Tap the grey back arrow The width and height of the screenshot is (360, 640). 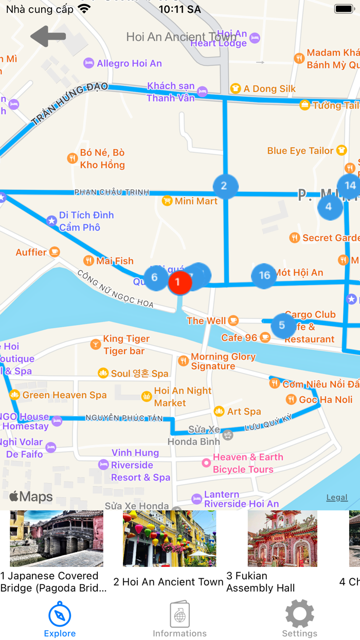click(x=48, y=37)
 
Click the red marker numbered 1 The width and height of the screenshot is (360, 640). click(x=178, y=282)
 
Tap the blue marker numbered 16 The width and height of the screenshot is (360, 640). click(x=264, y=275)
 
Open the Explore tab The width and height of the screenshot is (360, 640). click(x=60, y=620)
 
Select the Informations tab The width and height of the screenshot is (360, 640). click(x=179, y=620)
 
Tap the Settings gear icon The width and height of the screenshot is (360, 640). click(x=299, y=614)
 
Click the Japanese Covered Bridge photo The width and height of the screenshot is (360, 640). click(x=57, y=538)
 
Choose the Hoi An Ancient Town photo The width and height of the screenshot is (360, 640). click(x=169, y=538)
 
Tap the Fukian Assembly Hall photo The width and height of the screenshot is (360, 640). click(x=282, y=538)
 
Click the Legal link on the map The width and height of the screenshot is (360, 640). click(x=337, y=497)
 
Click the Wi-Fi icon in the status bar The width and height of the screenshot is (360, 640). click(x=84, y=9)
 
